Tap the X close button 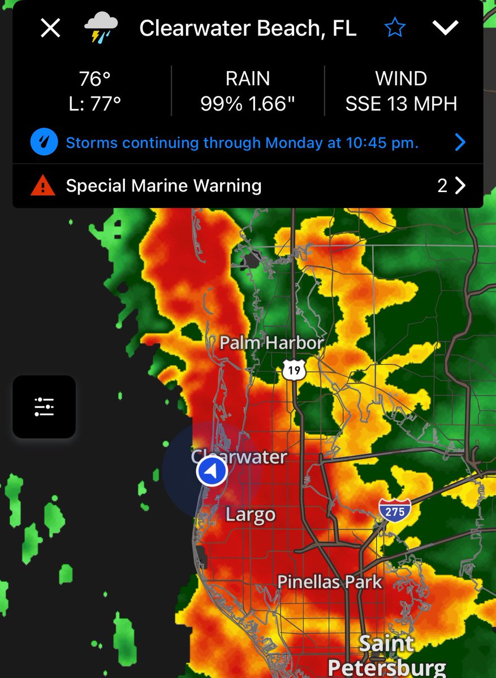[50, 28]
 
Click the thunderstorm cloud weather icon [101, 28]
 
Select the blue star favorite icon [395, 28]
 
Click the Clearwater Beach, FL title [248, 28]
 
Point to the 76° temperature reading [94, 79]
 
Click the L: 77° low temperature [94, 104]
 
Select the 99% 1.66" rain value [248, 104]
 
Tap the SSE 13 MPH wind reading [402, 104]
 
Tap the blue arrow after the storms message [460, 142]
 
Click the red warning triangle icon [44, 185]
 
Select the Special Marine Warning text [163, 185]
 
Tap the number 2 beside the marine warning [442, 185]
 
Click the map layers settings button [44, 406]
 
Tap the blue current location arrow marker [212, 471]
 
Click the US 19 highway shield [294, 370]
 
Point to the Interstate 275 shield [395, 510]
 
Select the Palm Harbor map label [271, 342]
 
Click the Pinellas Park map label [329, 582]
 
